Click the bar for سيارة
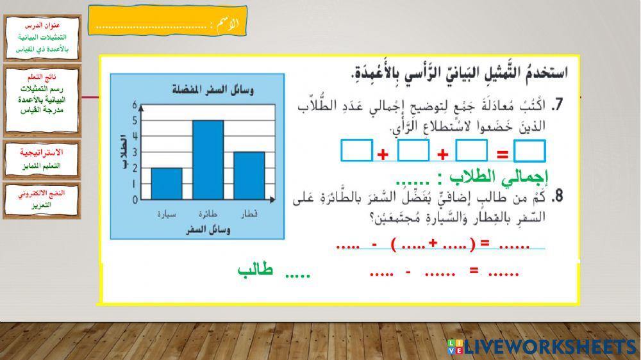click(167, 184)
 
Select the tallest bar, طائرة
click(208, 160)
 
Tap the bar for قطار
click(249, 176)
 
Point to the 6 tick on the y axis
click(135, 104)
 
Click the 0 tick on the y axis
click(135, 200)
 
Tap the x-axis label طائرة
click(208, 213)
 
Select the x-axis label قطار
click(249, 213)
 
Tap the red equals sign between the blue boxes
click(503, 154)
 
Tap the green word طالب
click(255, 270)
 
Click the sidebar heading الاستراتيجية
click(42, 152)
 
